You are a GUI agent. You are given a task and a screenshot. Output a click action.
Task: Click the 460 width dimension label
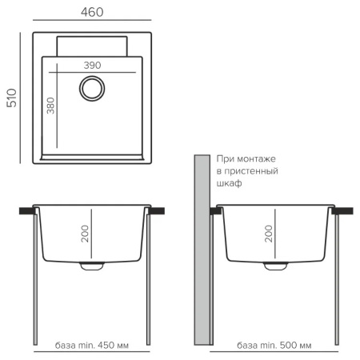point(92,12)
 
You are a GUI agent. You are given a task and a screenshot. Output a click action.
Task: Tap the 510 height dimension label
point(12,98)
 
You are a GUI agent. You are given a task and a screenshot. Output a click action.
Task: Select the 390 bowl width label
point(92,66)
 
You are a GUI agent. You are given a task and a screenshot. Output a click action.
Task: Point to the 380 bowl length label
point(50,106)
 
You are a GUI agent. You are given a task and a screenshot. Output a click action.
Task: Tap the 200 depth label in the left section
point(85,234)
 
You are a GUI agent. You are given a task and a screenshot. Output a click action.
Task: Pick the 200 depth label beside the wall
point(269,234)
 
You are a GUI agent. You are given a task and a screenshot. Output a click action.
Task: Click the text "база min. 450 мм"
point(92,346)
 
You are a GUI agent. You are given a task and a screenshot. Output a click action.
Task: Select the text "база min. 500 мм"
point(274,346)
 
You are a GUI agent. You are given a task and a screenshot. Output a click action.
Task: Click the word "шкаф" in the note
point(229,183)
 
